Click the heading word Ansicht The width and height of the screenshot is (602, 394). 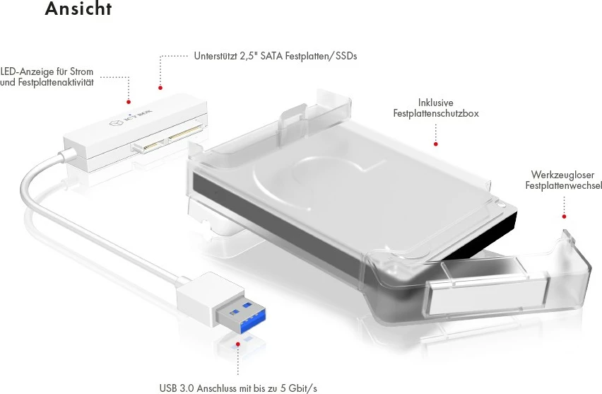pos(78,9)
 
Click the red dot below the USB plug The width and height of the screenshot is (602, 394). pos(238,344)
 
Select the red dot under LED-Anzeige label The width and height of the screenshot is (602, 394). pos(129,102)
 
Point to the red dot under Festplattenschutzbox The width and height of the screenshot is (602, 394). pos(436,144)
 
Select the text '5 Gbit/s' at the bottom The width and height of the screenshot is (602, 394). pos(299,388)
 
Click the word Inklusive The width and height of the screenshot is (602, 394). pos(435,103)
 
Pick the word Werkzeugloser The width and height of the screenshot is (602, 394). pos(562,175)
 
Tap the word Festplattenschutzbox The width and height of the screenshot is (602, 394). pos(436,113)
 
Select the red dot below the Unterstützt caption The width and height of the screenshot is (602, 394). pos(160,88)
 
